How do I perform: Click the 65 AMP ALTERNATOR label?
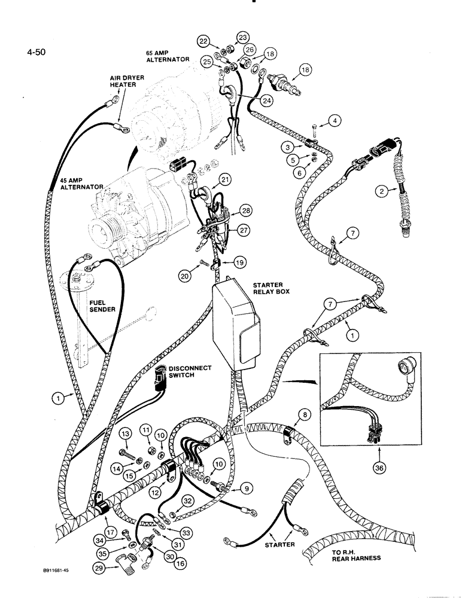pyautogui.click(x=168, y=56)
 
